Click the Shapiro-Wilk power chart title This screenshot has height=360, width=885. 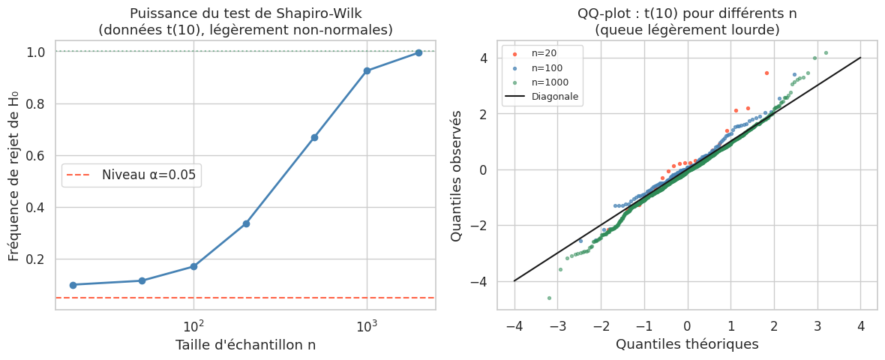pos(245,22)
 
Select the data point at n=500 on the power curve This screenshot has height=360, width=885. pos(314,137)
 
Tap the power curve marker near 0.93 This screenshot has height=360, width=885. pos(367,70)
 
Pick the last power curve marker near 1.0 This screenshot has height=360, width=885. pos(418,52)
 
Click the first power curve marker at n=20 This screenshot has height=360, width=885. pos(73,285)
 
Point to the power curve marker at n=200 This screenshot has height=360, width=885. pos(246,223)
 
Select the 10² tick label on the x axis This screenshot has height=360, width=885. pos(193,326)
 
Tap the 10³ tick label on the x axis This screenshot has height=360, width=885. pos(366,326)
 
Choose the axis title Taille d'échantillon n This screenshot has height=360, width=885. pos(245,345)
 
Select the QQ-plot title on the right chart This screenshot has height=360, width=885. pos(687,22)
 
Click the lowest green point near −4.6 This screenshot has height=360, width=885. pos(549,298)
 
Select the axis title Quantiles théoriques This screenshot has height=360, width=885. pos(687,344)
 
